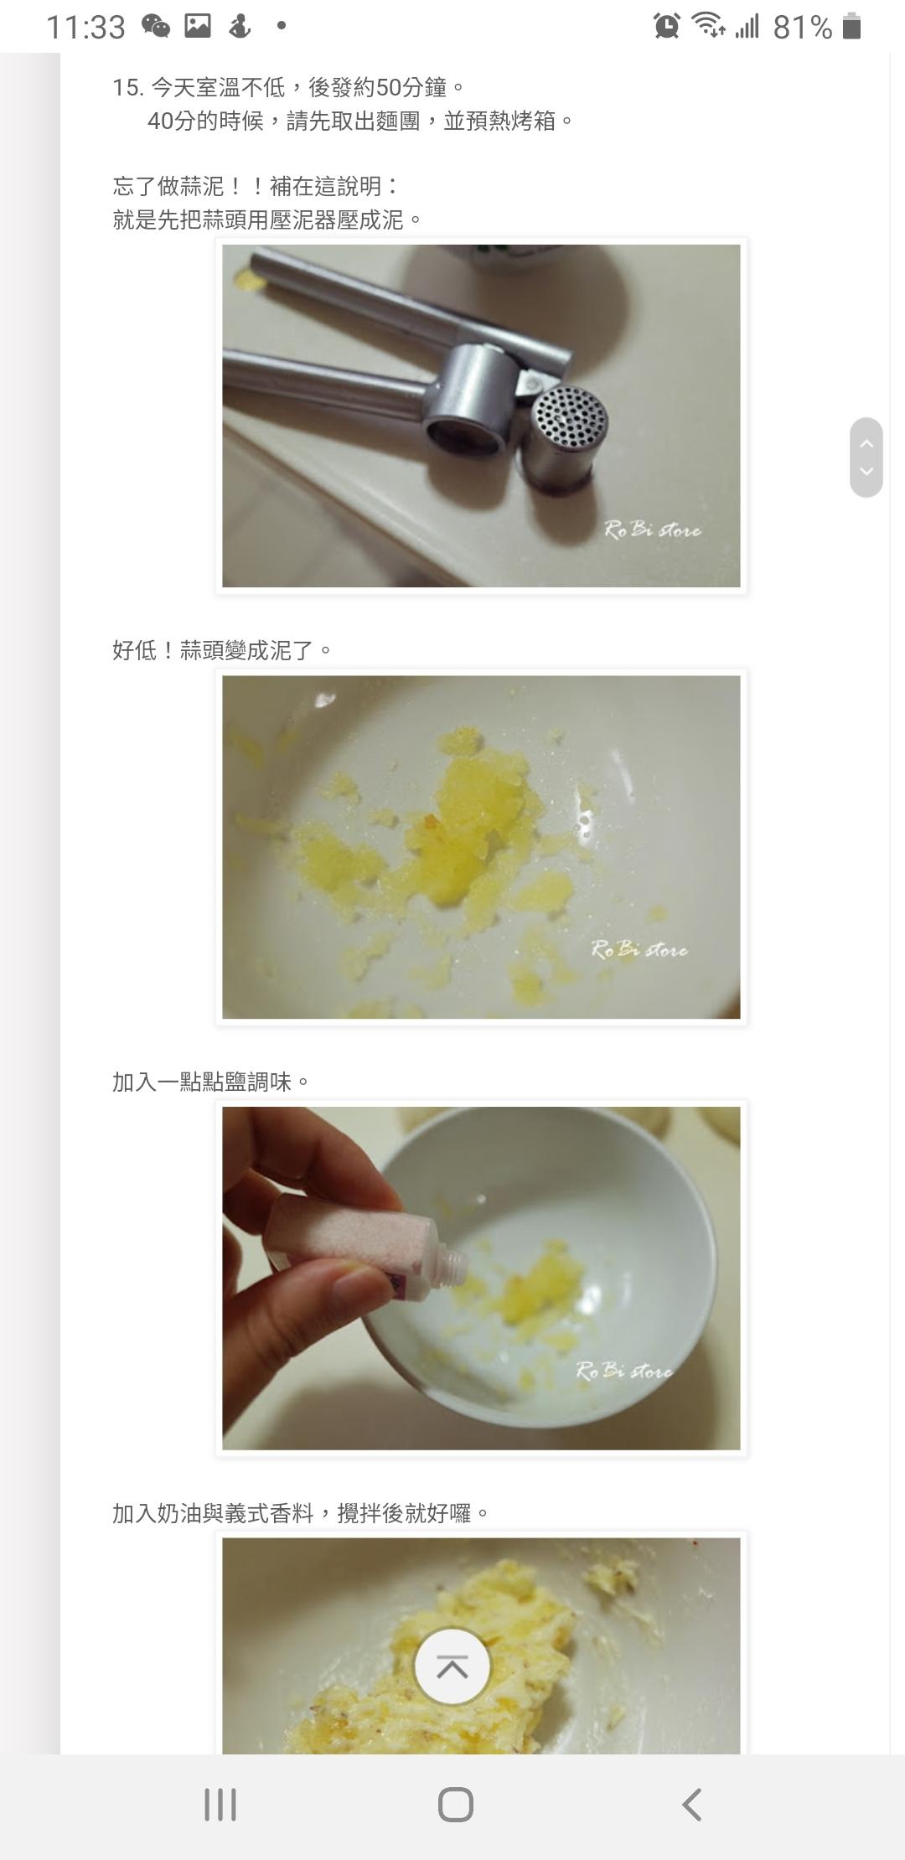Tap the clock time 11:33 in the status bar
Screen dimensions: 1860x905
(x=85, y=28)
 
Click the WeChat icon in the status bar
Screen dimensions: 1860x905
(x=156, y=26)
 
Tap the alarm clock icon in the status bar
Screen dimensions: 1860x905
(x=667, y=26)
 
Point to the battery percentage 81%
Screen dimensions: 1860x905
(x=802, y=28)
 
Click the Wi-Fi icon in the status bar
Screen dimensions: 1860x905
(x=708, y=26)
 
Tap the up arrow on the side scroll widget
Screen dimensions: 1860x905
(x=866, y=443)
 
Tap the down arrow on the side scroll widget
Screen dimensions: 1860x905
(x=866, y=471)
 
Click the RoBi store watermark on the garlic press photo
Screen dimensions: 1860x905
(x=653, y=530)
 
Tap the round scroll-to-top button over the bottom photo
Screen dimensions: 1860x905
(x=452, y=1666)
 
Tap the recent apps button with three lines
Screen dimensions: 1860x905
(x=220, y=1804)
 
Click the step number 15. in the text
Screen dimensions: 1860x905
(x=127, y=87)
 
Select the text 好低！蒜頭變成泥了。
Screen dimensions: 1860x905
(x=222, y=650)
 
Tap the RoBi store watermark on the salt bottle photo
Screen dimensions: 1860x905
(x=624, y=1371)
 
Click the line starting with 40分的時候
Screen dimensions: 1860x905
(x=360, y=121)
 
